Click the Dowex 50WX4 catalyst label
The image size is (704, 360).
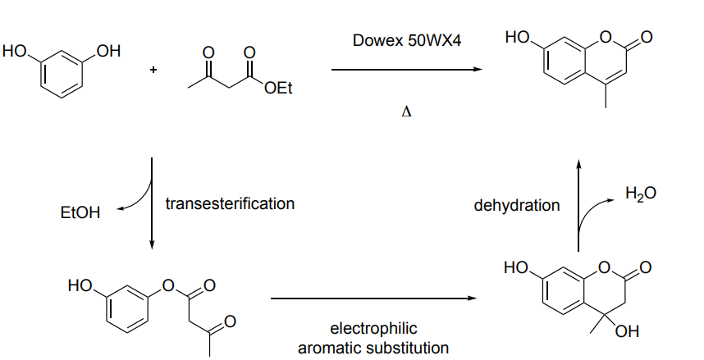tap(406, 40)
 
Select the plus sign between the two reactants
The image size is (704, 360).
tap(153, 70)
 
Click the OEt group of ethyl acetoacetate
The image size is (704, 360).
tap(278, 89)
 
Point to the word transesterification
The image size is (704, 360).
tap(230, 203)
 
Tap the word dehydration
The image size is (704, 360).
tap(517, 205)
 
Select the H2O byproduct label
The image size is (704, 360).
tap(640, 194)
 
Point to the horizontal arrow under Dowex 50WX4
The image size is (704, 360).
tap(406, 70)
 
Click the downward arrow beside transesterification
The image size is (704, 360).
tap(153, 205)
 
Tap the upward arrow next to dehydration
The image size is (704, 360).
tap(578, 205)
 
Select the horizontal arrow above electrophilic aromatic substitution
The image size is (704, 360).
tap(374, 299)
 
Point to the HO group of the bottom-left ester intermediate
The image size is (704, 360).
tap(80, 285)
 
